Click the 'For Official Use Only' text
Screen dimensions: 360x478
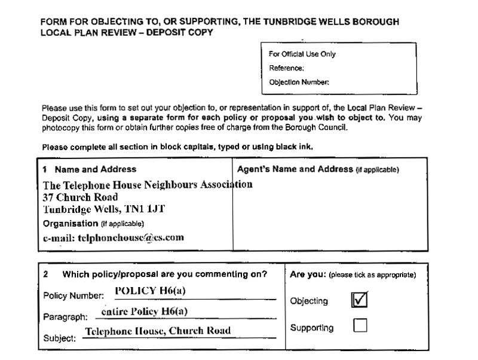point(302,54)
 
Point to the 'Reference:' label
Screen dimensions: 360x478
point(287,68)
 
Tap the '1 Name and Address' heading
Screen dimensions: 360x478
point(90,169)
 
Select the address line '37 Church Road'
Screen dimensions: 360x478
point(80,196)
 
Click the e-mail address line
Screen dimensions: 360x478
point(113,237)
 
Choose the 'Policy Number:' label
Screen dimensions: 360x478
point(73,296)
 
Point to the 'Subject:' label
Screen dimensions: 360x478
point(60,337)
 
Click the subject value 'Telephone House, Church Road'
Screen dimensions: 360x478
point(158,331)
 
